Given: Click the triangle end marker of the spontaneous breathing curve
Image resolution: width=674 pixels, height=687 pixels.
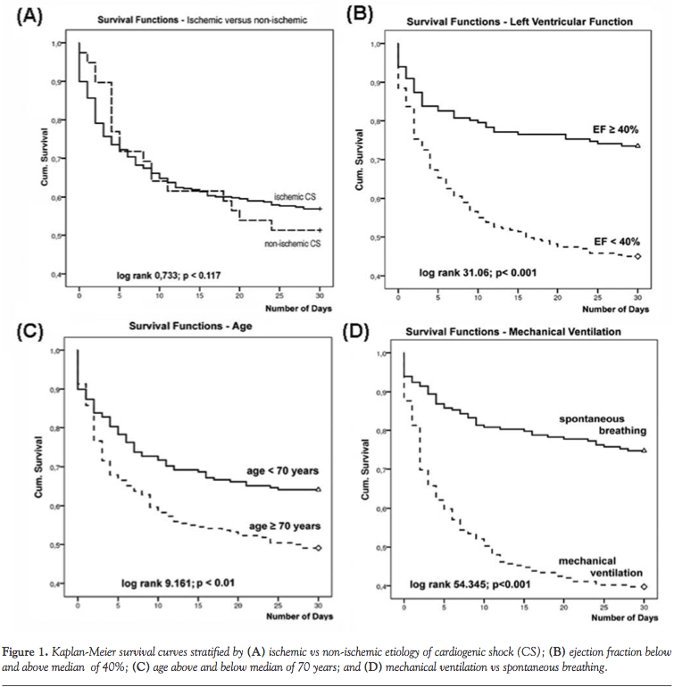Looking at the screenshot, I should pos(644,451).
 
